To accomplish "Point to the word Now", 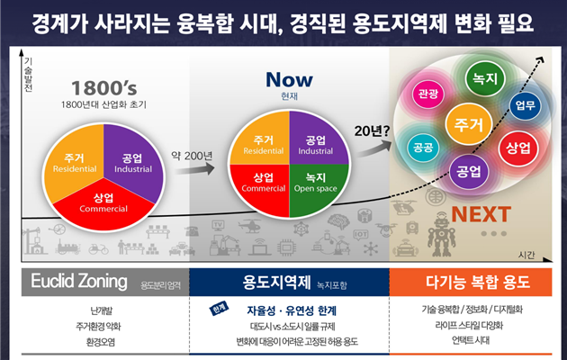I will pos(289,79).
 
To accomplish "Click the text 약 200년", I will pos(191,155).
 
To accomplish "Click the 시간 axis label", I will pos(538,254).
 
